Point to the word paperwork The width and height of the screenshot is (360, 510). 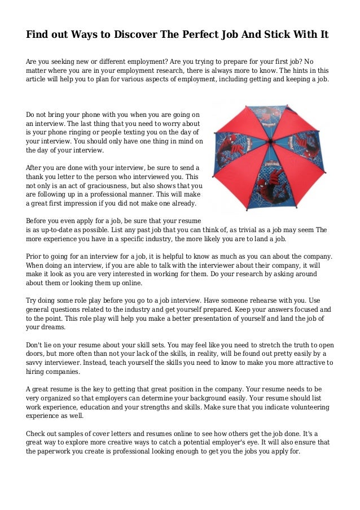(59, 451)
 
